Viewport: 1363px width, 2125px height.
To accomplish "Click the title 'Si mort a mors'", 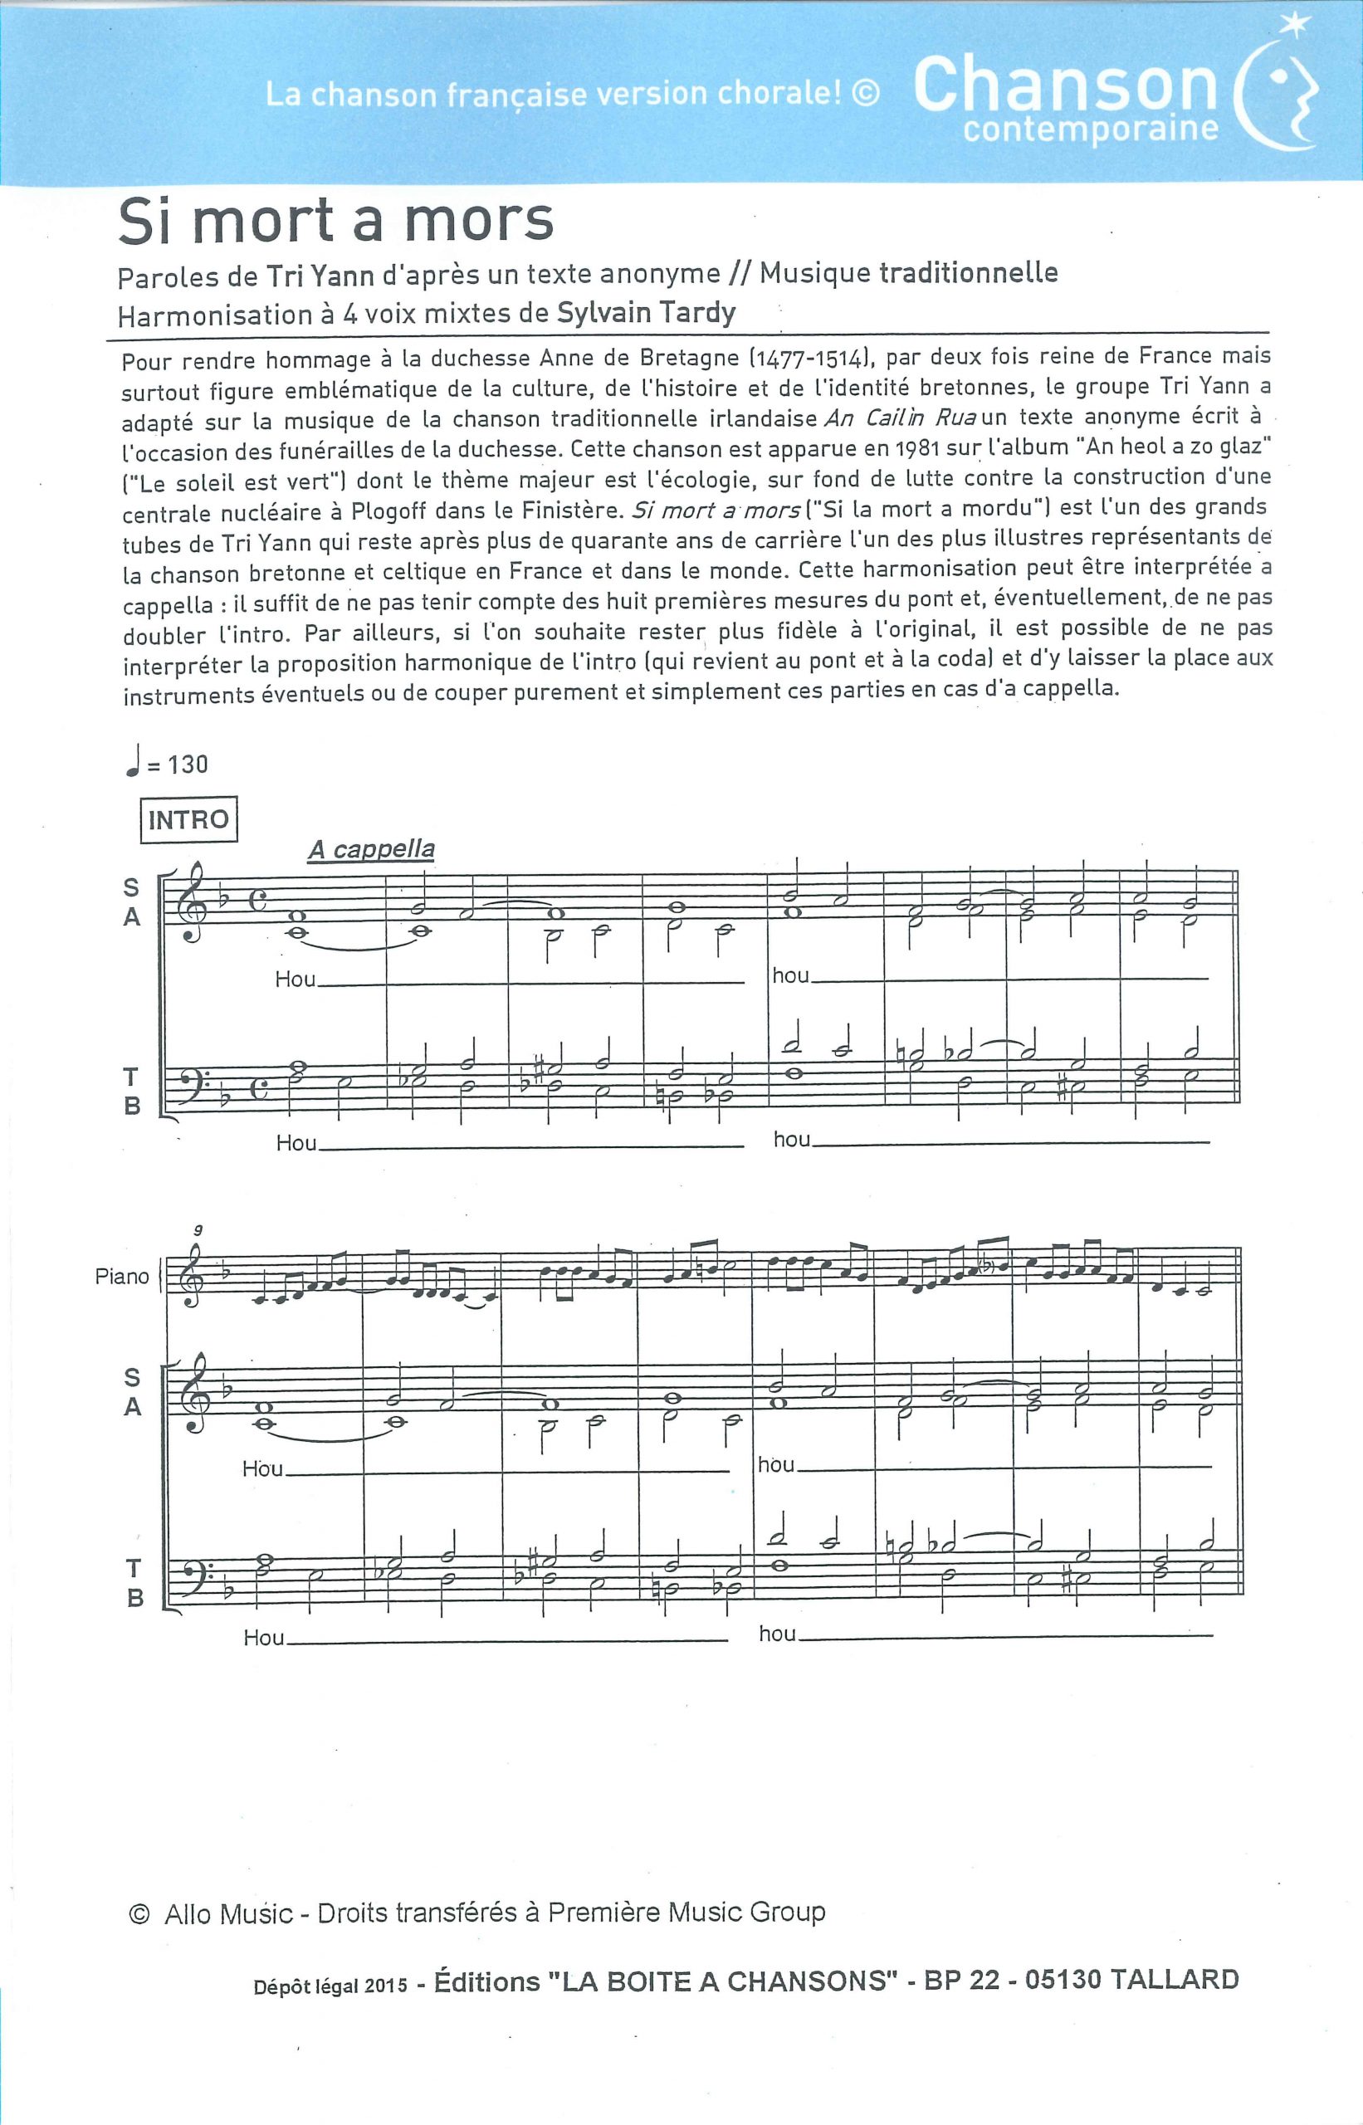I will (335, 222).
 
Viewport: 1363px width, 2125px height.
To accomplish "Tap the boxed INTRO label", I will (188, 819).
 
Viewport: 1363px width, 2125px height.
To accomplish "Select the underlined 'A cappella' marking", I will (371, 850).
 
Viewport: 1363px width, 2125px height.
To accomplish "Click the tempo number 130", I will (188, 764).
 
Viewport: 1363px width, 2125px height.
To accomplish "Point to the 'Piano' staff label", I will (122, 1276).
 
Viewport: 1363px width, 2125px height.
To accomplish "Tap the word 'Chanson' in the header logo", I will (1066, 85).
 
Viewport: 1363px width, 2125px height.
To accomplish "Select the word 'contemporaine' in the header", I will (1091, 129).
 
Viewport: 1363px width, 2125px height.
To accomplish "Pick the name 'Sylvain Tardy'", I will (646, 312).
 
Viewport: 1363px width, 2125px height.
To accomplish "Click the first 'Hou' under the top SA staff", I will (295, 979).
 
